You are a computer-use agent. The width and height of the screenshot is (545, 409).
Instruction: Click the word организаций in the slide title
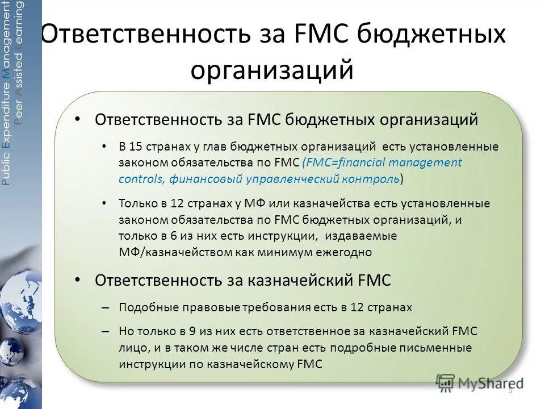pyautogui.click(x=272, y=70)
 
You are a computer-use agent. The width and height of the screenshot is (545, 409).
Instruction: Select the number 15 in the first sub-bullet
pyautogui.click(x=136, y=147)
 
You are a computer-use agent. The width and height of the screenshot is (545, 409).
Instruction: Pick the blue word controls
pyautogui.click(x=141, y=178)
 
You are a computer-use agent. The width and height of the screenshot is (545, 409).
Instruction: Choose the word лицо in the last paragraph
pyautogui.click(x=131, y=348)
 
